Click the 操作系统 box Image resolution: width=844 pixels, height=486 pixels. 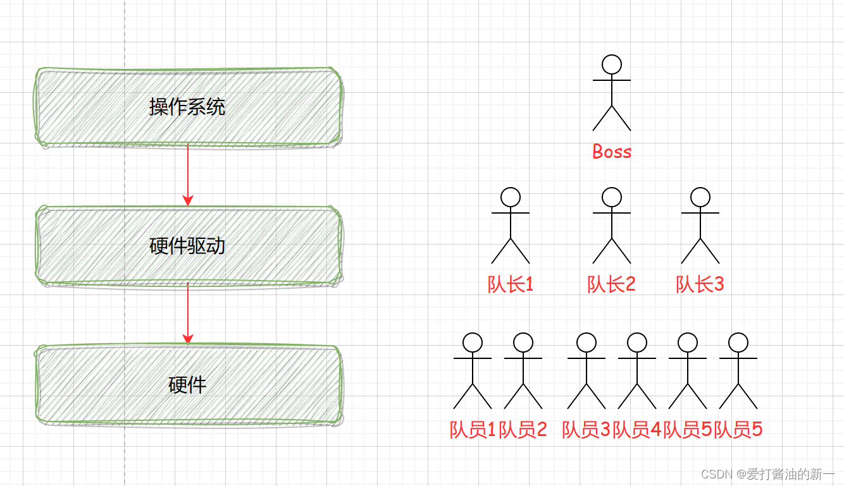pyautogui.click(x=187, y=107)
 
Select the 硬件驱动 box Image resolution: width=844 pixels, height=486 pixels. pyautogui.click(x=187, y=246)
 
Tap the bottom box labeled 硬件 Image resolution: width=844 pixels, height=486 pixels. pyautogui.click(x=187, y=385)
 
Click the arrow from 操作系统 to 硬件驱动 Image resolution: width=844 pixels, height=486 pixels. pyautogui.click(x=187, y=174)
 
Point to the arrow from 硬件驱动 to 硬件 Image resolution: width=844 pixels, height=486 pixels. pyautogui.click(x=187, y=313)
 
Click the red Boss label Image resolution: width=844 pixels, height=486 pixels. pyautogui.click(x=612, y=152)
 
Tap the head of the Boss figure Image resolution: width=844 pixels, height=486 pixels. pyautogui.click(x=612, y=64)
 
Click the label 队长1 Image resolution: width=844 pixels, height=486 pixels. pyautogui.click(x=511, y=284)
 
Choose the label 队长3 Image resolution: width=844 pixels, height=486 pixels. pyautogui.click(x=700, y=284)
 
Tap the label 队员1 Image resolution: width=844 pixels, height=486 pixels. pyautogui.click(x=473, y=430)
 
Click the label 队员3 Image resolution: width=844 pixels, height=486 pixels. pyautogui.click(x=586, y=430)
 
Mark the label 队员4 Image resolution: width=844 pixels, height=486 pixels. pyautogui.click(x=637, y=430)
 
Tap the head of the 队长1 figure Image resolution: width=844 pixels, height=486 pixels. pyautogui.click(x=511, y=197)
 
